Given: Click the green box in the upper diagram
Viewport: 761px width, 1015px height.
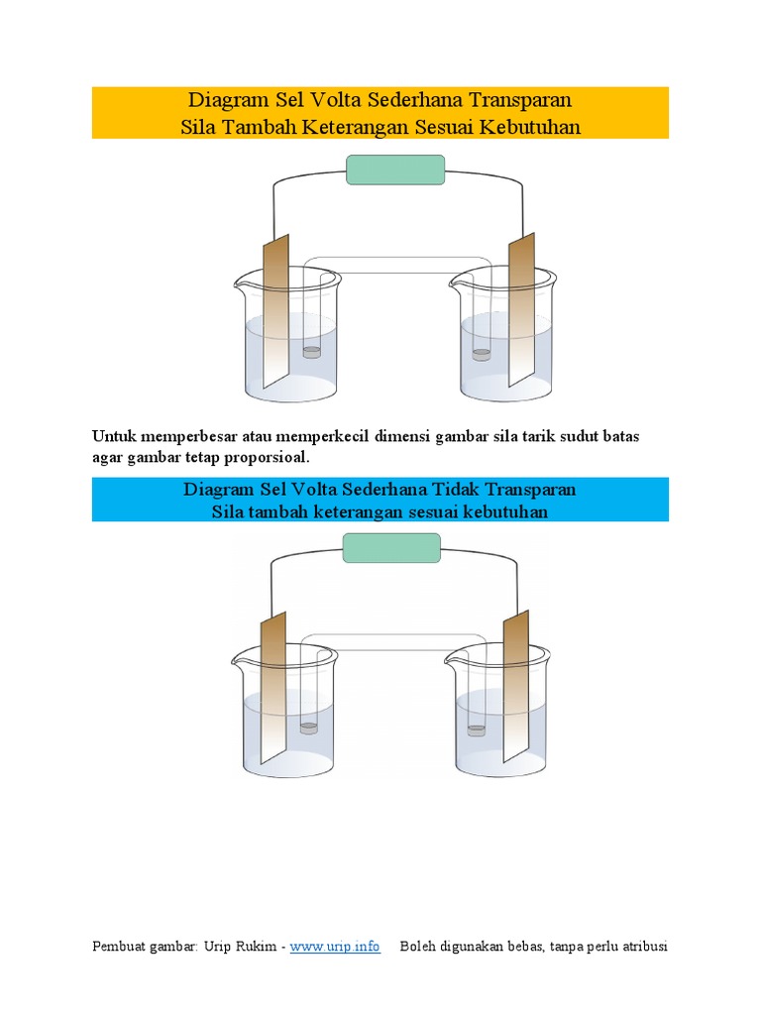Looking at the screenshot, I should pos(396,169).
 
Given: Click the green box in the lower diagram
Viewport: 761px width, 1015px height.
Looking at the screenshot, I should pos(391,547).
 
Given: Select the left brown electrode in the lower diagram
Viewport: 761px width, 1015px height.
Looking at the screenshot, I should pos(272,684).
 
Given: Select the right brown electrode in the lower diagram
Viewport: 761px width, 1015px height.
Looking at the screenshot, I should pos(516,684).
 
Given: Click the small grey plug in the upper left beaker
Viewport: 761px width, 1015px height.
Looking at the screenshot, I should pos(311,352).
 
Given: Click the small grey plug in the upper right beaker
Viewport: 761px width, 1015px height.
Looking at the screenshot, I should pos(482,354).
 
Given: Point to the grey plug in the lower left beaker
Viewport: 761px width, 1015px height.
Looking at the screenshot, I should pos(309,728).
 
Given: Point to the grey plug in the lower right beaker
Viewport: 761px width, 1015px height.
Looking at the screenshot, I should pos(478,731).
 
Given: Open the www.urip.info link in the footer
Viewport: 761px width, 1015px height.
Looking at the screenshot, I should pos(335,947).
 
